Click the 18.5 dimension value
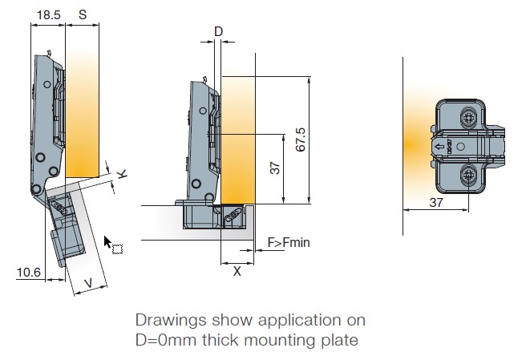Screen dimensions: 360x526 point(47,14)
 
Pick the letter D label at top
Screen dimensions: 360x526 point(218,32)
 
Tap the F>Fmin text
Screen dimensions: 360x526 point(289,241)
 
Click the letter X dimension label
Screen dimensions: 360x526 point(237,271)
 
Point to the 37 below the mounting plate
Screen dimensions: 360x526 point(435,203)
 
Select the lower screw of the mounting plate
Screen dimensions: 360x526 point(467,176)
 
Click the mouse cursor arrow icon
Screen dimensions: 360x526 point(109,242)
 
